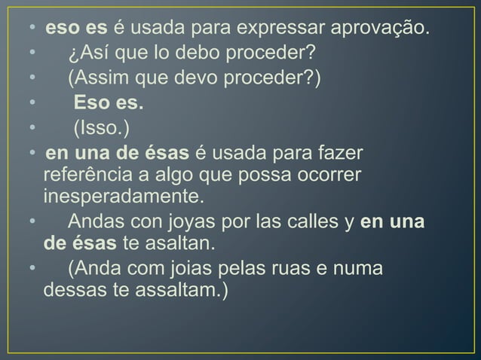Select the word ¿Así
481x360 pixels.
pyautogui.click(x=90, y=53)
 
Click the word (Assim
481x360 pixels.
pyautogui.click(x=97, y=78)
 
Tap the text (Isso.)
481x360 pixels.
pyautogui.click(x=96, y=126)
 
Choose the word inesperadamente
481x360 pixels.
pyautogui.click(x=124, y=197)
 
